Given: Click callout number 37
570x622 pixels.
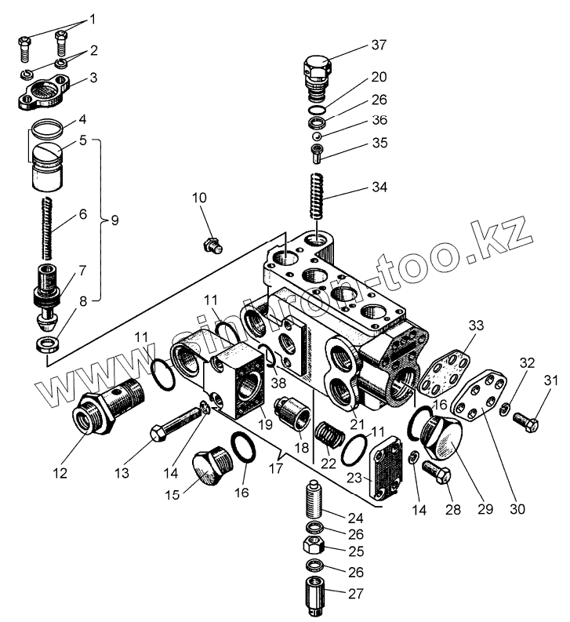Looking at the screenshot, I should [379, 45].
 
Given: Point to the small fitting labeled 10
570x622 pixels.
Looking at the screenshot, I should [211, 245].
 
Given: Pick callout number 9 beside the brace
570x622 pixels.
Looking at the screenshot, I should [114, 220].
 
